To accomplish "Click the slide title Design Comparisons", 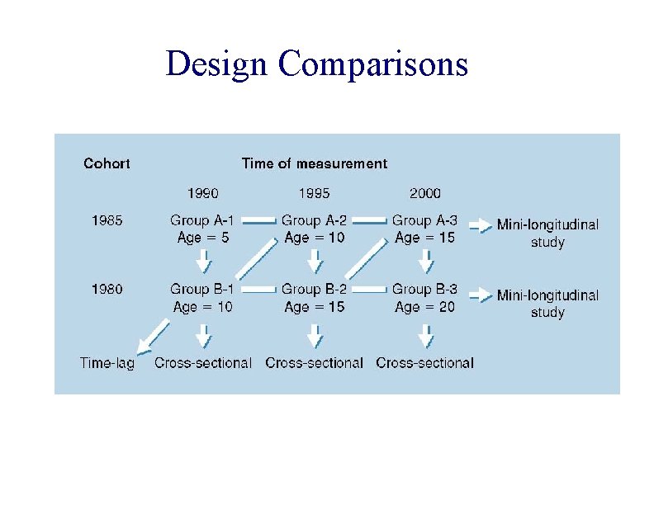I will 316,64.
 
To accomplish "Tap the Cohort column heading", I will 107,163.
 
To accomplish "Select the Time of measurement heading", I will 314,163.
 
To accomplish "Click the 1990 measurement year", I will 202,194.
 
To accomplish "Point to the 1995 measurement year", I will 314,194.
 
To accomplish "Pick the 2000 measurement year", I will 424,194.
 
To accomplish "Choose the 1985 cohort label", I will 106,220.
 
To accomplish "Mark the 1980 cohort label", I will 106,289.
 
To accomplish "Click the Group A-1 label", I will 202,220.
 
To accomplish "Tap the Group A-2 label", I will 314,220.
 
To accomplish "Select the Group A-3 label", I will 424,220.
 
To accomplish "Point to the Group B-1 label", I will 202,289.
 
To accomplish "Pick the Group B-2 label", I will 314,289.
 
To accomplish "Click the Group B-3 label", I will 424,289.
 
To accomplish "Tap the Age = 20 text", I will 424,307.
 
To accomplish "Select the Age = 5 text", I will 202,238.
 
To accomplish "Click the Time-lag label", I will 107,362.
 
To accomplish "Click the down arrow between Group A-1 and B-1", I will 203,263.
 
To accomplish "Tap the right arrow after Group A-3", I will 476,223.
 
